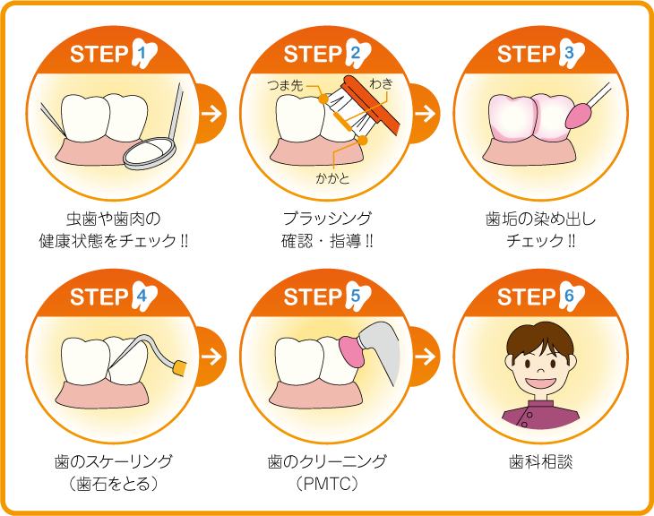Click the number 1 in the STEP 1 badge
coord(142,54)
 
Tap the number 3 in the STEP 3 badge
coord(569,54)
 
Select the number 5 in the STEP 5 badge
coord(356,297)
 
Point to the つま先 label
coord(285,85)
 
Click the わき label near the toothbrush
coord(381,84)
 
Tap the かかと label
coord(332,178)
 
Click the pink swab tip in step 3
coord(576,116)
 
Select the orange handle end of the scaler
coord(179,368)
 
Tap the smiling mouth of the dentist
coord(540,383)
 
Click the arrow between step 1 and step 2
coord(212,114)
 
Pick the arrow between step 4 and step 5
coord(212,356)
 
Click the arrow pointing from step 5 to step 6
coord(426,356)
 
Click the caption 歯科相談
coord(541,461)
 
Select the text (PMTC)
coord(327,485)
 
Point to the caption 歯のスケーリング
coord(114,461)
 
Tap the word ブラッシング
coord(327,219)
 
